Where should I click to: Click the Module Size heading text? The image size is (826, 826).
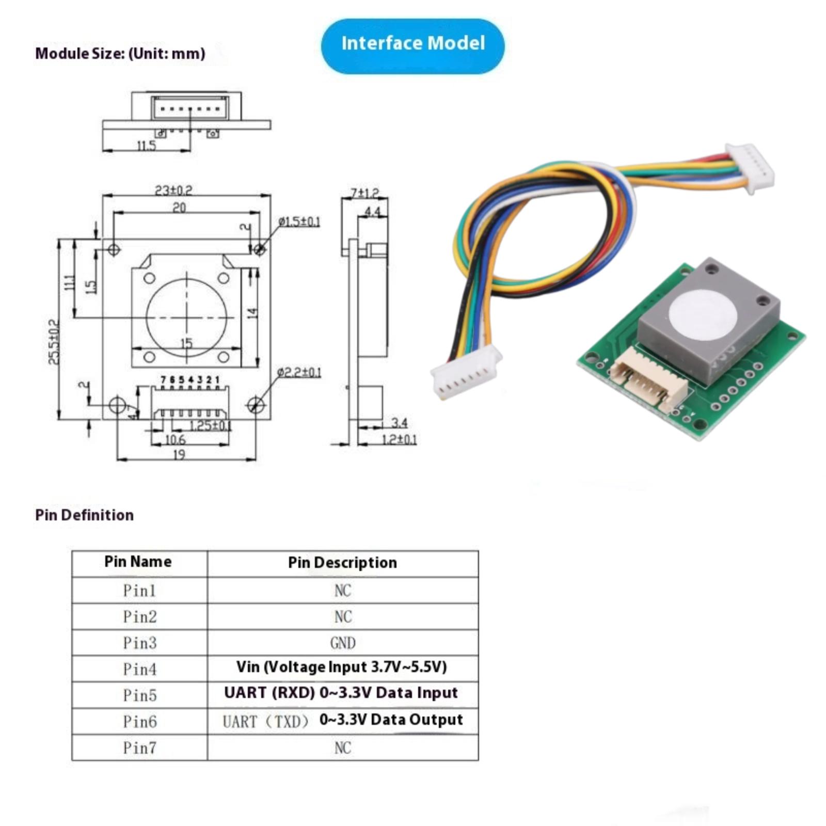[120, 53]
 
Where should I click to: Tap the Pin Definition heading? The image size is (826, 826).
[84, 515]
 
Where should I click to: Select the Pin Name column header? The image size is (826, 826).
[138, 562]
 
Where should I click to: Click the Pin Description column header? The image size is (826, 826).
[342, 562]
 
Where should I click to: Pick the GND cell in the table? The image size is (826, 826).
[343, 643]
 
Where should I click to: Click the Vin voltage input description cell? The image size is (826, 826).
[342, 667]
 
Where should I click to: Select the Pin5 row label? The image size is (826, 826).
[139, 695]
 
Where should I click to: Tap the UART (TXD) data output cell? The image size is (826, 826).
[343, 720]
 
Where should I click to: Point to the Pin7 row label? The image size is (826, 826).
[139, 748]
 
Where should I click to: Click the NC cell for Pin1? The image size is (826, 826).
[343, 590]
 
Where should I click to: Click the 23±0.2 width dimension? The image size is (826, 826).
[173, 190]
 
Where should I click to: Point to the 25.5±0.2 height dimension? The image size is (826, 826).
[54, 342]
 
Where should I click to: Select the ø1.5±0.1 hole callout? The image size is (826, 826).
[299, 221]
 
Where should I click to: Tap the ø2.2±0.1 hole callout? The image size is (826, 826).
[299, 372]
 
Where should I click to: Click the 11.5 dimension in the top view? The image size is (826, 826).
[147, 146]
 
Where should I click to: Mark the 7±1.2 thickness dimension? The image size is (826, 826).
[364, 193]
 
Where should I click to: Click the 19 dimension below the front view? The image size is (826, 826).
[179, 454]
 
